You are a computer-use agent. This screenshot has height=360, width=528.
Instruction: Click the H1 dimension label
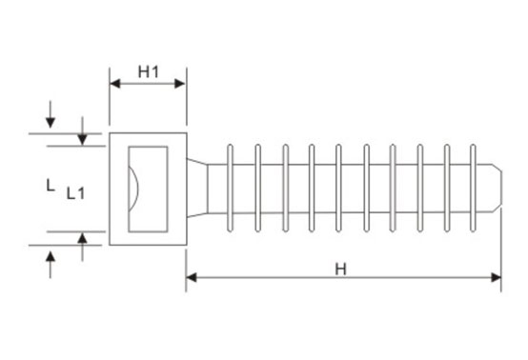[148, 70]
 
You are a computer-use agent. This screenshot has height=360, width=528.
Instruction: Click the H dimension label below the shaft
[340, 268]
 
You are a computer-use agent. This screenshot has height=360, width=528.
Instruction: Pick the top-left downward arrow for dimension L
[51, 127]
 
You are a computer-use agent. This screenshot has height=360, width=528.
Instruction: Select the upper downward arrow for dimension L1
[83, 139]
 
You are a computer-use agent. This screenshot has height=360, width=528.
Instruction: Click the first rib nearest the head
[231, 189]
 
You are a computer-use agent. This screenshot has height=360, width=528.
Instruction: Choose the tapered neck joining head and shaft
[195, 189]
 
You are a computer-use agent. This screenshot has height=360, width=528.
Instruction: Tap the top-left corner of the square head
[110, 133]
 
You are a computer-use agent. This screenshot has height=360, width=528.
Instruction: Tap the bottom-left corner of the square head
[110, 245]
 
